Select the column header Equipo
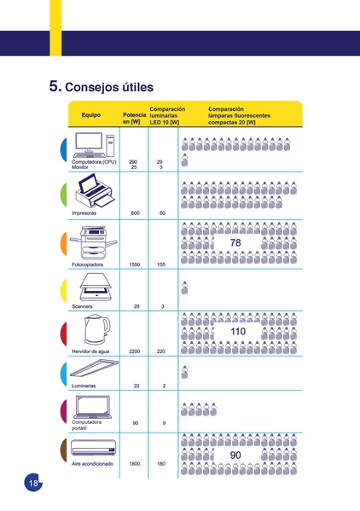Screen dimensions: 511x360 tap(91, 115)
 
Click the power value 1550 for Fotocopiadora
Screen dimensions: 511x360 tap(134, 265)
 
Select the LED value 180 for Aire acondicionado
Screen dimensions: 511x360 tap(161, 463)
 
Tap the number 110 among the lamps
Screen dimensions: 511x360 tap(238, 331)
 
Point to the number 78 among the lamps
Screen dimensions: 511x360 tap(236, 244)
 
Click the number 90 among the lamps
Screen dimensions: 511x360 tap(236, 456)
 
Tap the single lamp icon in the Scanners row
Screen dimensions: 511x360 tap(185, 287)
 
